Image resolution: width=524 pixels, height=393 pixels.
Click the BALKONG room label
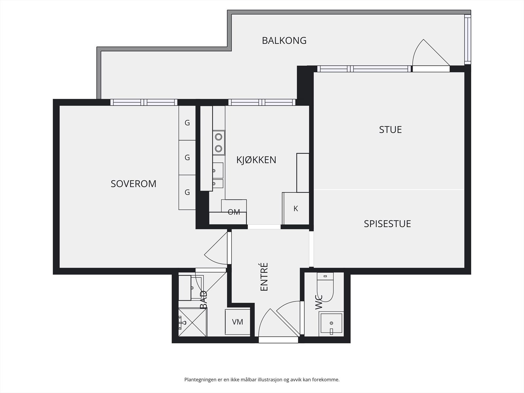pos(284,41)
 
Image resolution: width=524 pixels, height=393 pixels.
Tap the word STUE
pos(390,130)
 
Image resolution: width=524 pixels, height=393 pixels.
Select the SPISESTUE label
pos(387,224)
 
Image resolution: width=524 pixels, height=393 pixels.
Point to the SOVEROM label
pos(133,184)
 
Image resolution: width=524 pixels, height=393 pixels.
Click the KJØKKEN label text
pos(256,160)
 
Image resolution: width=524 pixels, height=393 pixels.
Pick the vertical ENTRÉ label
pos(264,277)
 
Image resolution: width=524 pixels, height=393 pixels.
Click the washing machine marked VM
pos(237,322)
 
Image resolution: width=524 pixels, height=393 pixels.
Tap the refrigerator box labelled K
pos(295,209)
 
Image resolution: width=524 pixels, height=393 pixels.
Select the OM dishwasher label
pos(234,212)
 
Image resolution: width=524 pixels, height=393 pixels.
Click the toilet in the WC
pos(325,287)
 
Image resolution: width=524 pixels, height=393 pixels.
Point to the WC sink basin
pos(331,324)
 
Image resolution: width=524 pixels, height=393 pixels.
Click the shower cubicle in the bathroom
pos(193,322)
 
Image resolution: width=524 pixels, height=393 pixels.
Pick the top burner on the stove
pos(218,137)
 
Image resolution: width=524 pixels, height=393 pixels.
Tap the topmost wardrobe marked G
pos(187,123)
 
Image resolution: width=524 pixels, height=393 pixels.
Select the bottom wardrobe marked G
pos(187,192)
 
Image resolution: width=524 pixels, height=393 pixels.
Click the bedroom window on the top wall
pos(144,103)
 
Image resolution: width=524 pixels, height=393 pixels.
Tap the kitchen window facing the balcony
pos(262,103)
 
